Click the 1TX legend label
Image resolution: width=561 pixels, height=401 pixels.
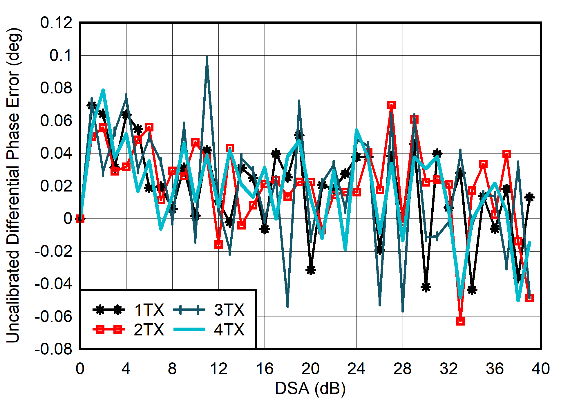149,310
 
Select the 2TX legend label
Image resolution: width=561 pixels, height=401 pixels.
149,330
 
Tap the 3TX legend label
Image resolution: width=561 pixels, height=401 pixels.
229,310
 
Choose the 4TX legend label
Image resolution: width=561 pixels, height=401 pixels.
229,330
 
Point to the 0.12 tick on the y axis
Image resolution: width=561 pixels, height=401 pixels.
56,23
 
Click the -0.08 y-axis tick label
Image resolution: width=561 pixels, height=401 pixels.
53,349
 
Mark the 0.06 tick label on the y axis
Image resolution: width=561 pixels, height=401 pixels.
56,121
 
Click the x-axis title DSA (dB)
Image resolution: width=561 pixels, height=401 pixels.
310,388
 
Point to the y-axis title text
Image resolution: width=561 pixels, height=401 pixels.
13,186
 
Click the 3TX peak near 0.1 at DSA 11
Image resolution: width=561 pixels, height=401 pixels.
207,58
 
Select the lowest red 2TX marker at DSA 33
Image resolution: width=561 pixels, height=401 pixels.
460,321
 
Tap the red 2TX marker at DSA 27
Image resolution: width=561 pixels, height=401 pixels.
391,105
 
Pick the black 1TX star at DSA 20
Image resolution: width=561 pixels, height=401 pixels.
311,270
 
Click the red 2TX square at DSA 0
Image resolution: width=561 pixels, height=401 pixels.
80,218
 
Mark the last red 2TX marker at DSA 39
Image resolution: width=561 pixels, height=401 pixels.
529,298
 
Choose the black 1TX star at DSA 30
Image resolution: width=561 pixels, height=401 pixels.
426,287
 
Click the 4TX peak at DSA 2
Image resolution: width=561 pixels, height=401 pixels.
103,90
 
